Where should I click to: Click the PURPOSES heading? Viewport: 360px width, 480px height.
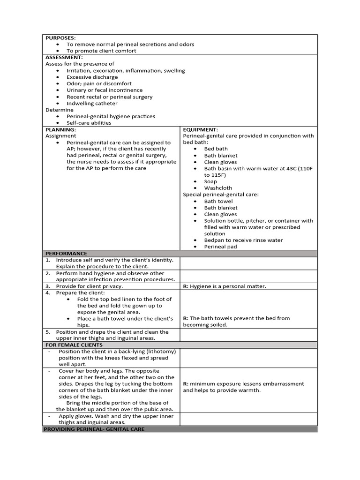(60, 38)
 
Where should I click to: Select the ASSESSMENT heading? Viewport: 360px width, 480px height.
(64, 57)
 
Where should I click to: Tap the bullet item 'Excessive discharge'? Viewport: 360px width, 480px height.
(92, 77)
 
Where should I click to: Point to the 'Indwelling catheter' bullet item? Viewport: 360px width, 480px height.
(92, 103)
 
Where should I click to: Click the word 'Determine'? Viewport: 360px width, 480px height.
(60, 110)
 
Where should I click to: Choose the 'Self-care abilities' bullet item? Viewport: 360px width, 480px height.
(89, 123)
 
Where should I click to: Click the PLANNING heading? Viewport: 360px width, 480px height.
(60, 129)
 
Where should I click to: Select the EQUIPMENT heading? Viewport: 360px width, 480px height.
(201, 129)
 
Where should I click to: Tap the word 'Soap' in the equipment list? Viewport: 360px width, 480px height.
(211, 181)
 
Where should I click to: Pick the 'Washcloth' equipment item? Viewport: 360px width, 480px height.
(218, 188)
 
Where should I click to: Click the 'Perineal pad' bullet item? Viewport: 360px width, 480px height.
(220, 247)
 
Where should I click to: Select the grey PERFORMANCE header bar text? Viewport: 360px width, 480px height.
(66, 253)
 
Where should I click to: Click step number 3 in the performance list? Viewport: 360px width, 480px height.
(48, 286)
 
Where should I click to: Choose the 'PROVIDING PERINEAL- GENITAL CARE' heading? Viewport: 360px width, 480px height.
(94, 429)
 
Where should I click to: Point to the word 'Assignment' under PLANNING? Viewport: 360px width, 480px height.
(60, 136)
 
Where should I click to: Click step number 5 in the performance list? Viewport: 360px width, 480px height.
(48, 331)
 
